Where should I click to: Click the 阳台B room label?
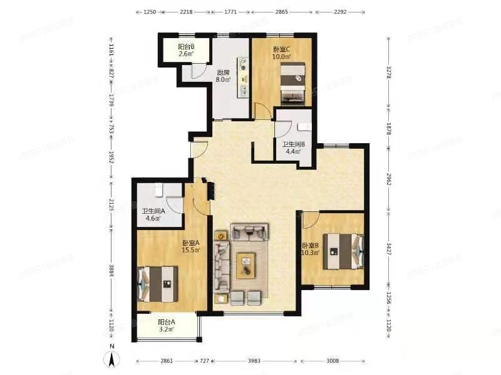pos(185,51)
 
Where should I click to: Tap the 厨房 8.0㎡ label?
pos(223,76)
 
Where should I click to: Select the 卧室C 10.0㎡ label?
pos(281,53)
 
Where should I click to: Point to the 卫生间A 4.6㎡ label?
pos(153,214)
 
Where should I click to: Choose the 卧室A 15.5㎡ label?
pos(191,246)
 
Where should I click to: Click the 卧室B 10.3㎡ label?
pos(311,249)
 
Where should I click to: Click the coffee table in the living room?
pos(246,264)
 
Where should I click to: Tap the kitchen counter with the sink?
pos(242,78)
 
